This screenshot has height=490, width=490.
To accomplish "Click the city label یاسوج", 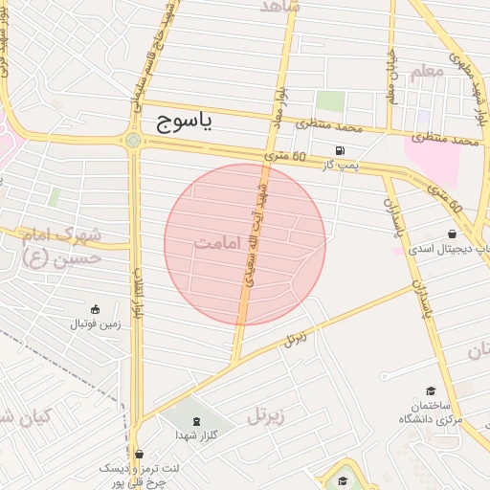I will tap(182, 122).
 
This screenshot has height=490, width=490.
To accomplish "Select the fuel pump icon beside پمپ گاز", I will tap(340, 150).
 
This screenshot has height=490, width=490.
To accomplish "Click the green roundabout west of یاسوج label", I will tap(132, 142).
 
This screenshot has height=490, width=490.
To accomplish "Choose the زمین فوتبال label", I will tap(95, 323).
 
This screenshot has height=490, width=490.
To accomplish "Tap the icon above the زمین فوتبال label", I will tap(95, 308).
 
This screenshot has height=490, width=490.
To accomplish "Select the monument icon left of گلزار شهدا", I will tap(197, 422).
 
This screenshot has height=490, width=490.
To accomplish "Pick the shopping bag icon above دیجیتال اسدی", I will tap(451, 234).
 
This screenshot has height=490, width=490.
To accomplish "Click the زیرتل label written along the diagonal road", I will tap(298, 338).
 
